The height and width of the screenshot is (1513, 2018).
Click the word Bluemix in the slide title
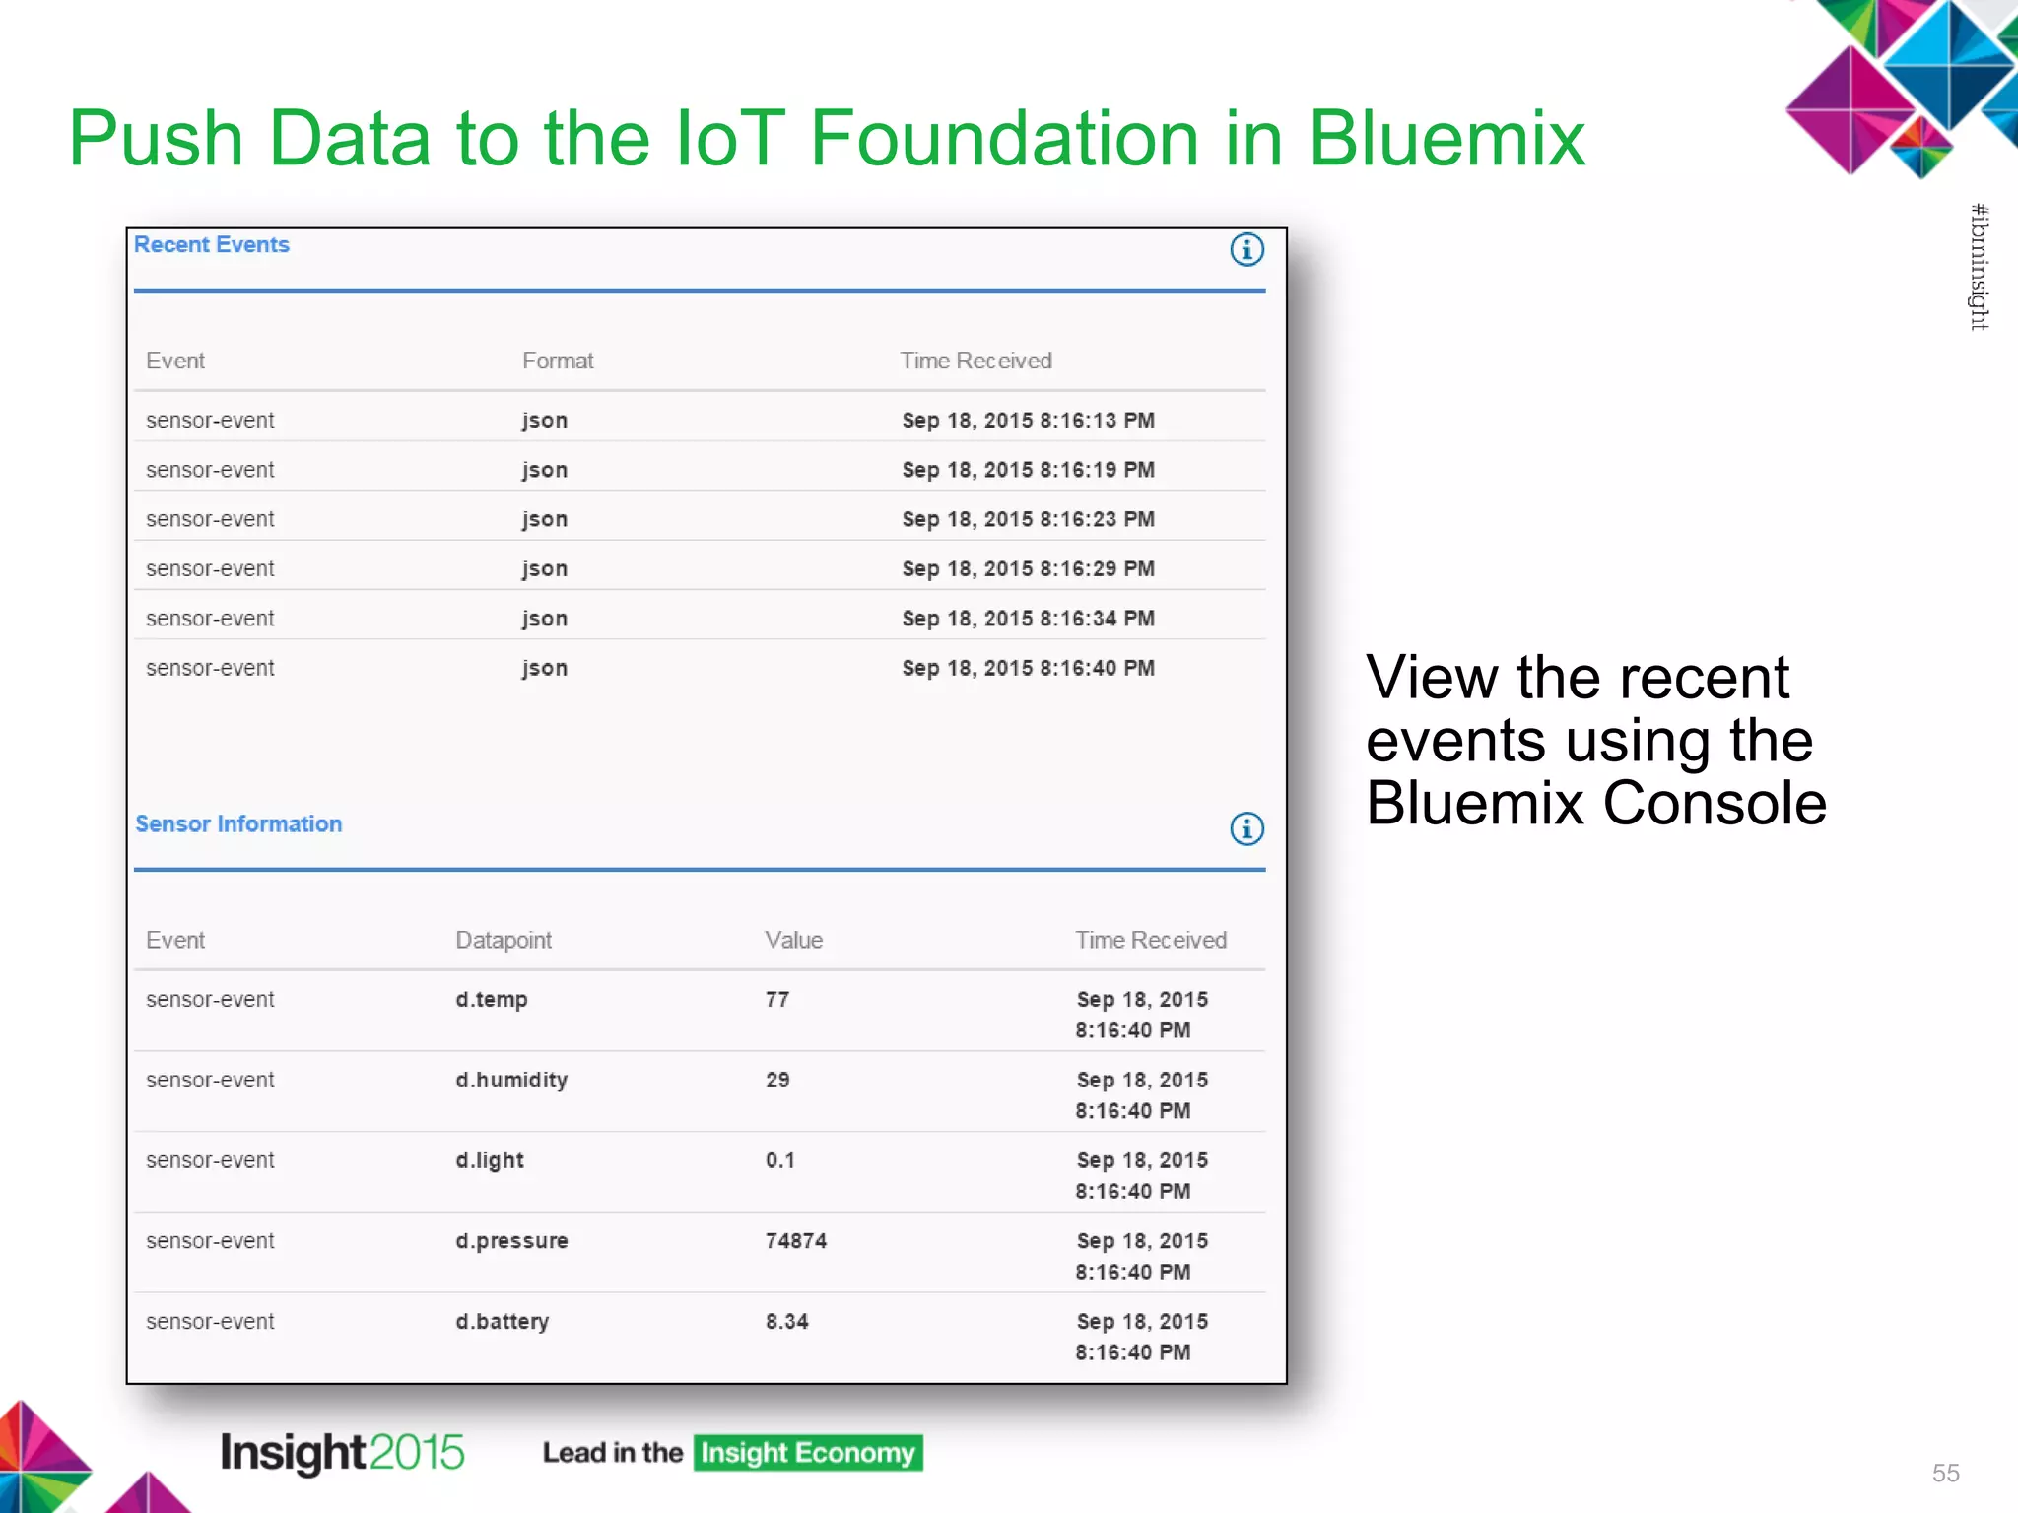pyautogui.click(x=1446, y=139)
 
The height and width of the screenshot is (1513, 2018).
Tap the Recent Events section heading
pyautogui.click(x=212, y=245)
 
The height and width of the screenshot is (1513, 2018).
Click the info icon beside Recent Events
pyautogui.click(x=1246, y=250)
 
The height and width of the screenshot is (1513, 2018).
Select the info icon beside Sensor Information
pyautogui.click(x=1246, y=828)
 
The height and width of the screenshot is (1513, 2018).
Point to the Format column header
pyautogui.click(x=558, y=362)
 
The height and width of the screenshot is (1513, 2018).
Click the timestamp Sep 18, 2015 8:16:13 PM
pyautogui.click(x=1028, y=421)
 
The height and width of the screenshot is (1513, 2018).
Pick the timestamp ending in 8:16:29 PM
pyautogui.click(x=1028, y=569)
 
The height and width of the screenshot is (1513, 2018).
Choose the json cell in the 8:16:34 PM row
pyautogui.click(x=545, y=619)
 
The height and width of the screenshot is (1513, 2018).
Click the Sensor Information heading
pyautogui.click(x=238, y=824)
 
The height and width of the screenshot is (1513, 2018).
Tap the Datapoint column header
pyautogui.click(x=504, y=941)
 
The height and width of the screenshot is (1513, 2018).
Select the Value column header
pyautogui.click(x=793, y=941)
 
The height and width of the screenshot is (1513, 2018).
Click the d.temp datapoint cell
pyautogui.click(x=492, y=1000)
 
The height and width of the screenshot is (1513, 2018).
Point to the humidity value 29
pyautogui.click(x=777, y=1081)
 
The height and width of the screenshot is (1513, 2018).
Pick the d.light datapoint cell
pyautogui.click(x=490, y=1161)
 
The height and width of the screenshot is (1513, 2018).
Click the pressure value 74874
pyautogui.click(x=796, y=1241)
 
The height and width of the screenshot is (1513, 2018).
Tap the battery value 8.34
pyautogui.click(x=787, y=1322)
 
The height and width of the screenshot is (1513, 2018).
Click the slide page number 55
pyautogui.click(x=1945, y=1473)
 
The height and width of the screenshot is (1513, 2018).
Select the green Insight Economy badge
pyautogui.click(x=808, y=1453)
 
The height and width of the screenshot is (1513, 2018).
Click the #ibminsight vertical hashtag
pyautogui.click(x=1979, y=267)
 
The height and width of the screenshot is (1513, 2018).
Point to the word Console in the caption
pyautogui.click(x=1715, y=804)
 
